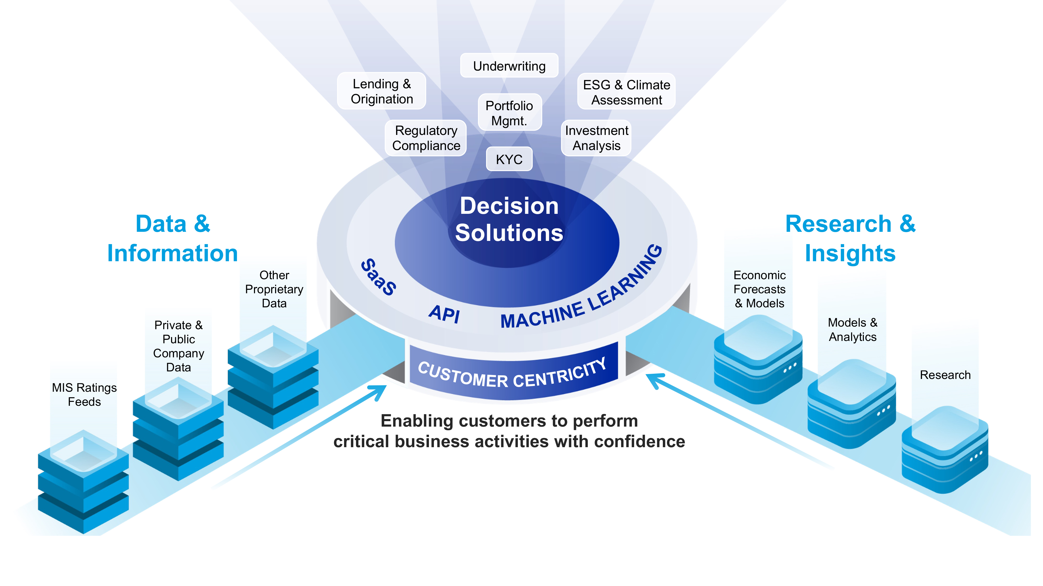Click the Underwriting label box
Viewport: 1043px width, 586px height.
pos(509,66)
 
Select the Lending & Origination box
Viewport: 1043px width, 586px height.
pos(381,91)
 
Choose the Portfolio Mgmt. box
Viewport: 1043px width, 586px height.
pos(509,113)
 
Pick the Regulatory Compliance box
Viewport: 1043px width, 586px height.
pos(426,138)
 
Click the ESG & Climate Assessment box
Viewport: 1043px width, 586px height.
pos(626,92)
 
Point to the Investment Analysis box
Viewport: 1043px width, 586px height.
pos(596,138)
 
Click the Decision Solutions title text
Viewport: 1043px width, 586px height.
pos(509,219)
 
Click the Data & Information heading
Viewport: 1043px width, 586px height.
pos(172,238)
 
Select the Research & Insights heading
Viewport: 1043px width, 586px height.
pos(850,238)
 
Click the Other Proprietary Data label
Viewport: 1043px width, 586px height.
pos(274,289)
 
